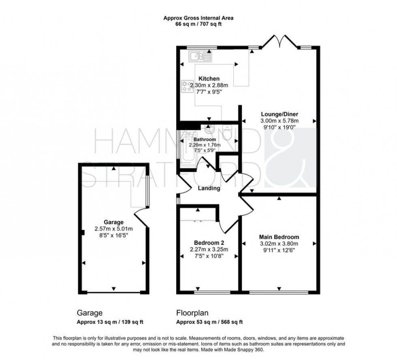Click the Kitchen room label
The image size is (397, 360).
click(x=209, y=79)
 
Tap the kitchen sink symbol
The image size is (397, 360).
click(x=200, y=56)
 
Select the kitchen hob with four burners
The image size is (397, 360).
click(x=187, y=86)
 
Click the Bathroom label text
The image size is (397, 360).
click(x=207, y=139)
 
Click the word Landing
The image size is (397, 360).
click(x=209, y=188)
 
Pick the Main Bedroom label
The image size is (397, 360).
click(x=279, y=237)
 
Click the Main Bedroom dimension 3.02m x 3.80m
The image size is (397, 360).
click(x=279, y=243)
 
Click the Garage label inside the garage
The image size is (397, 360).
click(x=113, y=222)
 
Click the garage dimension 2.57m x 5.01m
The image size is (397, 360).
click(x=113, y=228)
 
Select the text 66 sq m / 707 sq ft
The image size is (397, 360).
click(x=198, y=24)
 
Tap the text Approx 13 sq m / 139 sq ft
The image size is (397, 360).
click(x=110, y=322)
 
